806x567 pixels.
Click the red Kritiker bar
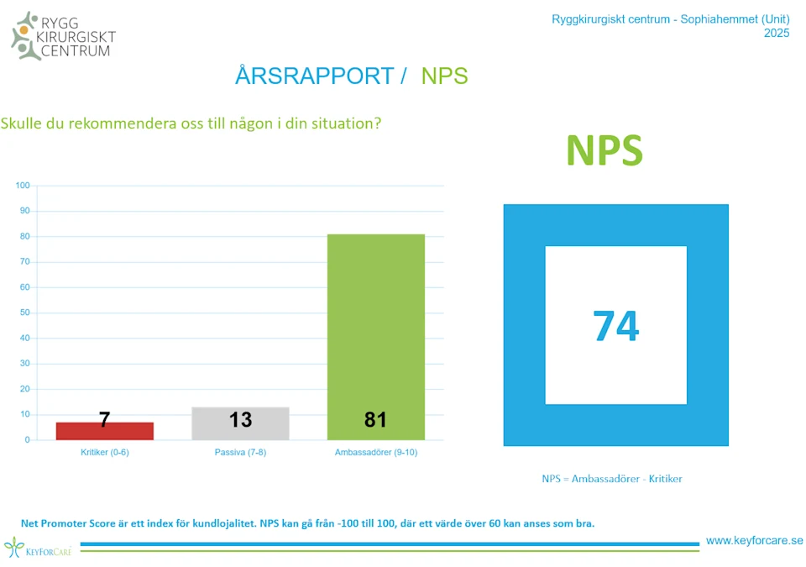click(x=104, y=431)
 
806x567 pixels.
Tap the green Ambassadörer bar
click(x=375, y=336)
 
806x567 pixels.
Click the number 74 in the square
click(x=615, y=326)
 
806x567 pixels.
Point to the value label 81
click(x=375, y=419)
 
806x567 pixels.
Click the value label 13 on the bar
click(x=240, y=419)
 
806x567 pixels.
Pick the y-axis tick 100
click(x=23, y=186)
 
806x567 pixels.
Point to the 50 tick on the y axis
click(x=25, y=312)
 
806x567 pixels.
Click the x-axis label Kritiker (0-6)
click(x=104, y=452)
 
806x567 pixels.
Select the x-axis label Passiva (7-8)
click(x=240, y=452)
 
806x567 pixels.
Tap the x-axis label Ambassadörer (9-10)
click(x=375, y=452)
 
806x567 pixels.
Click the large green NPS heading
click(x=604, y=150)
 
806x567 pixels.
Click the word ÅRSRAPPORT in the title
click(x=314, y=76)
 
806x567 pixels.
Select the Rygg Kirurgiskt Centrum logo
click(x=63, y=35)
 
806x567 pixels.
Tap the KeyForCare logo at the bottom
click(x=38, y=549)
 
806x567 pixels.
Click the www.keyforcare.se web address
click(x=754, y=541)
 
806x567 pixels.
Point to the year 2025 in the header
click(x=777, y=34)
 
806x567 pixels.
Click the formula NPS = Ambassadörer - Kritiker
click(x=611, y=479)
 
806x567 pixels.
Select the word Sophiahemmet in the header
click(x=717, y=19)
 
